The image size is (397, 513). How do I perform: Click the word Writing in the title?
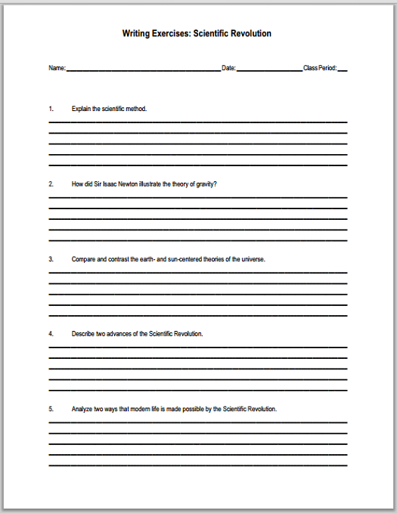[136, 34]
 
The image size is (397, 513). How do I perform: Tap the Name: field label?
[57, 69]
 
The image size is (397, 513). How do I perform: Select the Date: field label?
[228, 69]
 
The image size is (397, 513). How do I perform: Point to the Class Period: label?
[320, 69]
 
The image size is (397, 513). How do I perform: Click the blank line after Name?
[144, 70]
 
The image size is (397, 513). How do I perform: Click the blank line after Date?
[269, 70]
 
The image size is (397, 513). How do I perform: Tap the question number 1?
[51, 109]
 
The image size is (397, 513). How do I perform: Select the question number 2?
[51, 184]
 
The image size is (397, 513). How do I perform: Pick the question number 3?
[51, 258]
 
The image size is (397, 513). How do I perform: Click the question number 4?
[51, 333]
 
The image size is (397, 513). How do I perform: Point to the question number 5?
[51, 409]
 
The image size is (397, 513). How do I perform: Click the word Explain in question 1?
[81, 109]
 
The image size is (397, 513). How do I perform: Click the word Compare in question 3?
[83, 258]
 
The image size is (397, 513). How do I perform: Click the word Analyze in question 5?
[82, 409]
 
